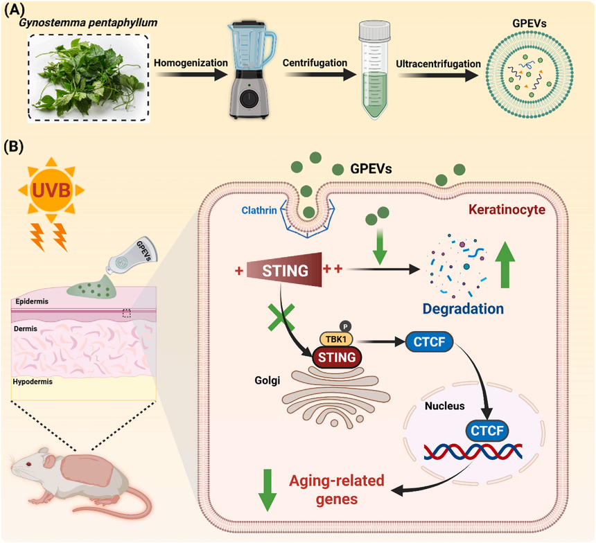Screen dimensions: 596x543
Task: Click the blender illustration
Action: (x=252, y=70)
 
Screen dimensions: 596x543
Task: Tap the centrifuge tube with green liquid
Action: (x=374, y=70)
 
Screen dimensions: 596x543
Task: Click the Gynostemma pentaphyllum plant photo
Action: (x=89, y=78)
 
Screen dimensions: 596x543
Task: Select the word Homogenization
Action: (x=191, y=63)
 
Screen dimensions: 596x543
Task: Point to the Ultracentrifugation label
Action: (x=438, y=64)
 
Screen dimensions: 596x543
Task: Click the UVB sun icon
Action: (x=51, y=190)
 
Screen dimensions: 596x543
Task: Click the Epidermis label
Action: (x=32, y=301)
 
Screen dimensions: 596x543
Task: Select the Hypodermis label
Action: (x=33, y=382)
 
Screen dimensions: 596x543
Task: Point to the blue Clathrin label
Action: (x=259, y=210)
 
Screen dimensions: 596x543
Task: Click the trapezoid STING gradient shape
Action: (x=284, y=270)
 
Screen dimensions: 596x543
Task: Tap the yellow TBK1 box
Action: (x=336, y=339)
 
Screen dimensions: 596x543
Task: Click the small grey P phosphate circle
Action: (x=345, y=326)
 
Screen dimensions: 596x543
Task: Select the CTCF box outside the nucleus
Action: (x=429, y=341)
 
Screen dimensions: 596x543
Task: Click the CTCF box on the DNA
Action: (x=487, y=431)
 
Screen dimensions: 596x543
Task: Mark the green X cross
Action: (x=281, y=317)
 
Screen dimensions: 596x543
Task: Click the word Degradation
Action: (x=463, y=308)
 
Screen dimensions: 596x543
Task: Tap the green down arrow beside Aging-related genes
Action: (x=268, y=490)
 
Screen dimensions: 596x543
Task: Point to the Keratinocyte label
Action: (x=507, y=210)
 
